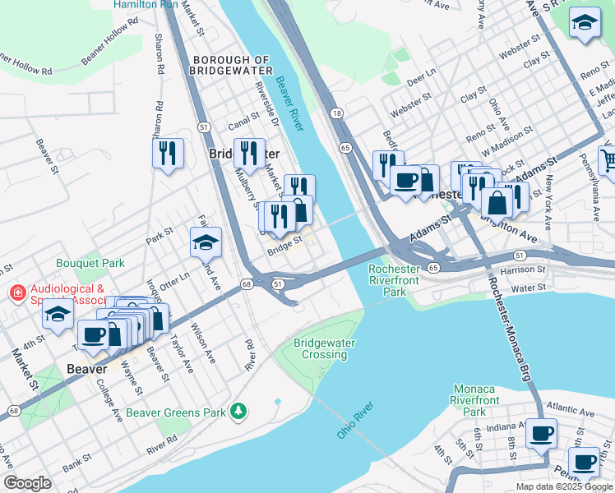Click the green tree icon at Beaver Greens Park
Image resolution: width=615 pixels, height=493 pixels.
[238, 409]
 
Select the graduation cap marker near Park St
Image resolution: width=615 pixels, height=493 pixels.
[206, 242]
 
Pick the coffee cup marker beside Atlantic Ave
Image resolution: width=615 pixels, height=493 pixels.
[540, 432]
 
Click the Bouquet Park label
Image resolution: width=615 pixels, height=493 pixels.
[90, 264]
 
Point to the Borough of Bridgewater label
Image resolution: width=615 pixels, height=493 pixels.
[231, 66]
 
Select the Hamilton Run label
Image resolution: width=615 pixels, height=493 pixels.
[145, 5]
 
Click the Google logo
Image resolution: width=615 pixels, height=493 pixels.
[27, 483]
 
